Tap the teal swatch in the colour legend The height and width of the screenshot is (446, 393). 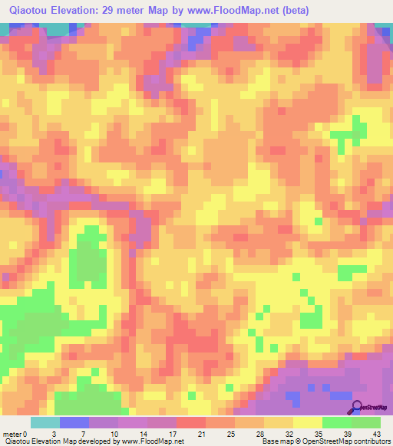point(45,422)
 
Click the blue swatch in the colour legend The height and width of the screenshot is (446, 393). point(74,422)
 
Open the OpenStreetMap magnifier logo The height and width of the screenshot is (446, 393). point(357,407)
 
